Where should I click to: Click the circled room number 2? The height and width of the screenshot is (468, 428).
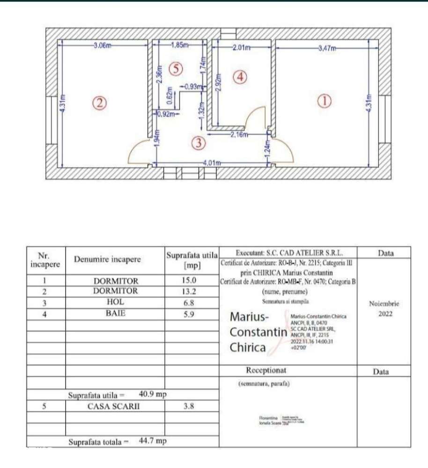(99, 103)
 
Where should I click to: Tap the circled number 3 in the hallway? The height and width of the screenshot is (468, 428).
(199, 143)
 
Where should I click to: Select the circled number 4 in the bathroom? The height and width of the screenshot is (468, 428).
(239, 76)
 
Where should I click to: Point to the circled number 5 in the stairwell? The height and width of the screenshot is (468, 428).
(175, 69)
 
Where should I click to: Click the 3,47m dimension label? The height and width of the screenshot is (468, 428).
(327, 48)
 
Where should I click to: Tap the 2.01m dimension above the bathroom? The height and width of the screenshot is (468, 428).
(241, 47)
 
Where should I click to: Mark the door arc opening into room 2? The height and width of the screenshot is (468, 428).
(140, 152)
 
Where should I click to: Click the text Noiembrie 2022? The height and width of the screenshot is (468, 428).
(384, 308)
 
